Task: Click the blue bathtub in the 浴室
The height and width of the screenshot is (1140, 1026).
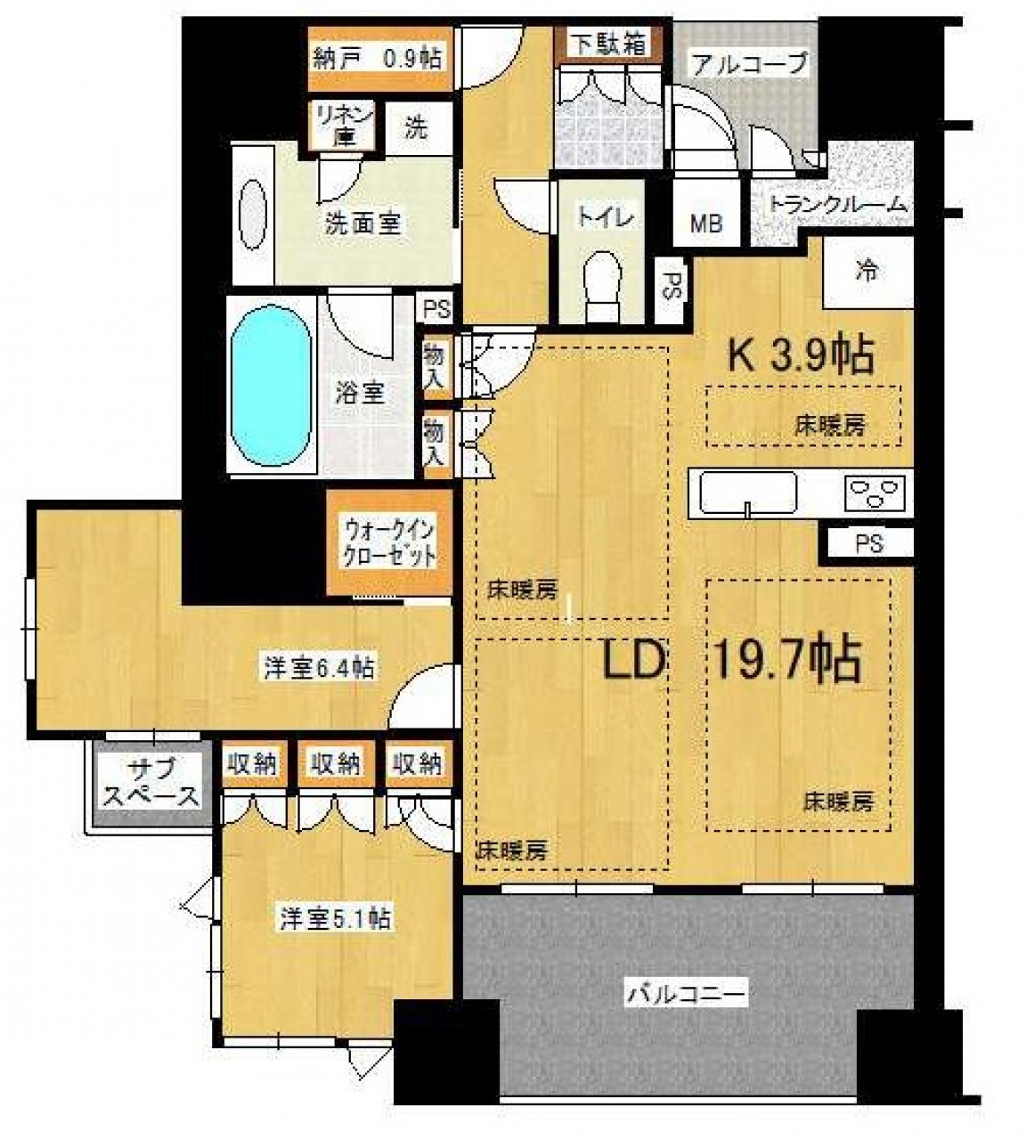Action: [271, 386]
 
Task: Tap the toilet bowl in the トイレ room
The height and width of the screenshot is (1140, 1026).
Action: [603, 287]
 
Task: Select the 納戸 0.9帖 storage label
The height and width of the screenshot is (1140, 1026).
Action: [377, 58]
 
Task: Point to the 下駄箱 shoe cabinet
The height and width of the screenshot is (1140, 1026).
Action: [609, 45]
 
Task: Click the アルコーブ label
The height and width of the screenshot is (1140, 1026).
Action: [748, 63]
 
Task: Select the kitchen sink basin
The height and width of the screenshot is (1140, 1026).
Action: [747, 493]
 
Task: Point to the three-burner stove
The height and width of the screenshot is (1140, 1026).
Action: [875, 493]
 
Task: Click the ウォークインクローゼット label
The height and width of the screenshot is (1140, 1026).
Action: [390, 544]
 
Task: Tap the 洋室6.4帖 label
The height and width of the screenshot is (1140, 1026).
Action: [319, 667]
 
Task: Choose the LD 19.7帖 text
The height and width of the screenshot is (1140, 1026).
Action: [730, 660]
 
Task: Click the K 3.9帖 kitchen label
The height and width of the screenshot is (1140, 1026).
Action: [801, 356]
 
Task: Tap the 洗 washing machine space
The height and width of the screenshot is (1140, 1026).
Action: [416, 129]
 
